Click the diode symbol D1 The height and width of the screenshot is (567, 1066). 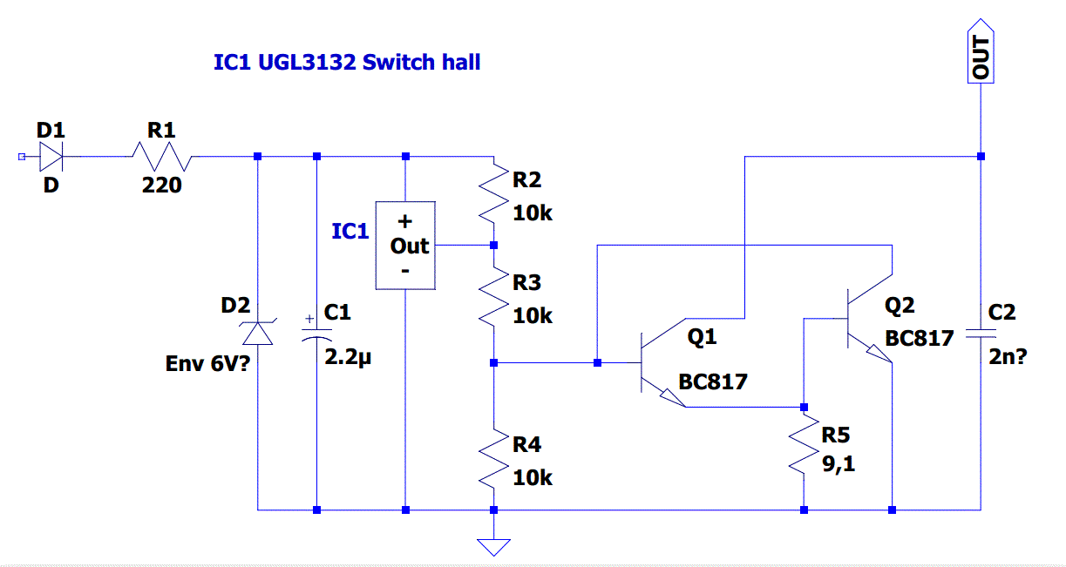(51, 157)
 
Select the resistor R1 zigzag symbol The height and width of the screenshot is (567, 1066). (161, 157)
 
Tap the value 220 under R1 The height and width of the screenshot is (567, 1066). (162, 185)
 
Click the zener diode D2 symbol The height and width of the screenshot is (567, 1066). (258, 332)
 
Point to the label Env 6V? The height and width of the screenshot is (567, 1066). (207, 363)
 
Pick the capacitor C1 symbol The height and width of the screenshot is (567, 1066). (316, 333)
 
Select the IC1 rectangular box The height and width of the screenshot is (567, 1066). (405, 245)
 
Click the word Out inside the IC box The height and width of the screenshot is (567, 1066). (409, 246)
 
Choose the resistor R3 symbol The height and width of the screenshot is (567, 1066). (493, 298)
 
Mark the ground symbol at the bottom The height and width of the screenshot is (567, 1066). (493, 546)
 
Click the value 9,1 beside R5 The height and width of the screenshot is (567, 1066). (839, 464)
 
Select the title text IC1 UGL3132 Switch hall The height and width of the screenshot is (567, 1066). (347, 63)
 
